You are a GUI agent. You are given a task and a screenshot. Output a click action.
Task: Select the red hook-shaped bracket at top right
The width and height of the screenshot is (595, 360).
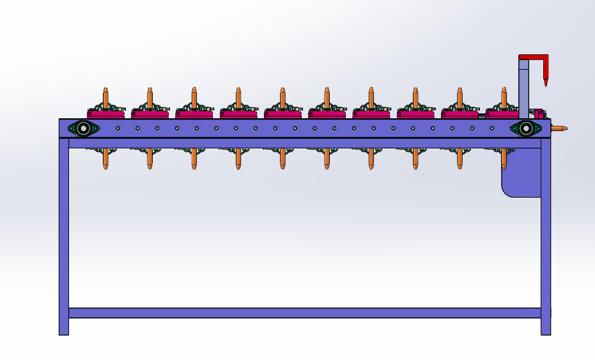534,58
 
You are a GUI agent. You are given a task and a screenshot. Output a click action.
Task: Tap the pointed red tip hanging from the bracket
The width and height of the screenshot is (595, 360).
545,81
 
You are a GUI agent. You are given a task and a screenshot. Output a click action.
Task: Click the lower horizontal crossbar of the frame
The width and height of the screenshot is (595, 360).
304,313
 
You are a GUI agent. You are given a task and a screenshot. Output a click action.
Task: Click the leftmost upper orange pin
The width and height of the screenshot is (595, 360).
105,97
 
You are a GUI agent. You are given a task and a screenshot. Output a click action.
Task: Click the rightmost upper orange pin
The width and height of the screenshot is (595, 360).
504,97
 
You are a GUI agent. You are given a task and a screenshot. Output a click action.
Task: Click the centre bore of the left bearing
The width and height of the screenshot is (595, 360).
83,129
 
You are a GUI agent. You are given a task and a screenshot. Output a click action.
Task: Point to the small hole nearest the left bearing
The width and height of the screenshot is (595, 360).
118,129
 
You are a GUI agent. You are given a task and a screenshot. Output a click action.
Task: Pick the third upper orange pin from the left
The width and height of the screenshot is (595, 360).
194,97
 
